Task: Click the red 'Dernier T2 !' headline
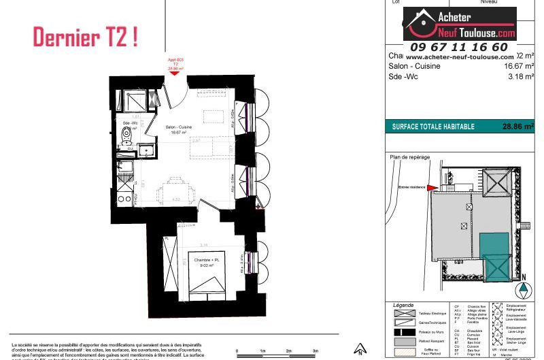tap(85, 37)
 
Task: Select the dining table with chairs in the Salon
tap(172, 189)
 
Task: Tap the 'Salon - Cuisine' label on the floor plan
tap(180, 127)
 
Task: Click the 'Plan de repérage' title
tap(409, 157)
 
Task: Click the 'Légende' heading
tap(404, 305)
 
